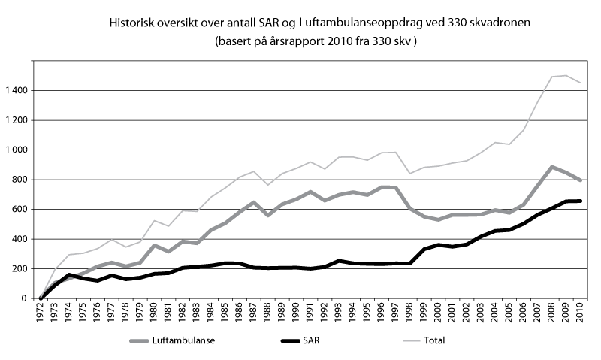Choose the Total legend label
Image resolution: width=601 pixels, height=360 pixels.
(x=434, y=340)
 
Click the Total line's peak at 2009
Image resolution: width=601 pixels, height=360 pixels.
(x=566, y=75)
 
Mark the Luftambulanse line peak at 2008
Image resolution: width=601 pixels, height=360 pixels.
(x=551, y=167)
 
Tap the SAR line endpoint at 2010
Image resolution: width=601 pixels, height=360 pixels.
(x=580, y=201)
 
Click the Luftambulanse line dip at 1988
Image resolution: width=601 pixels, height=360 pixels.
(x=267, y=215)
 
